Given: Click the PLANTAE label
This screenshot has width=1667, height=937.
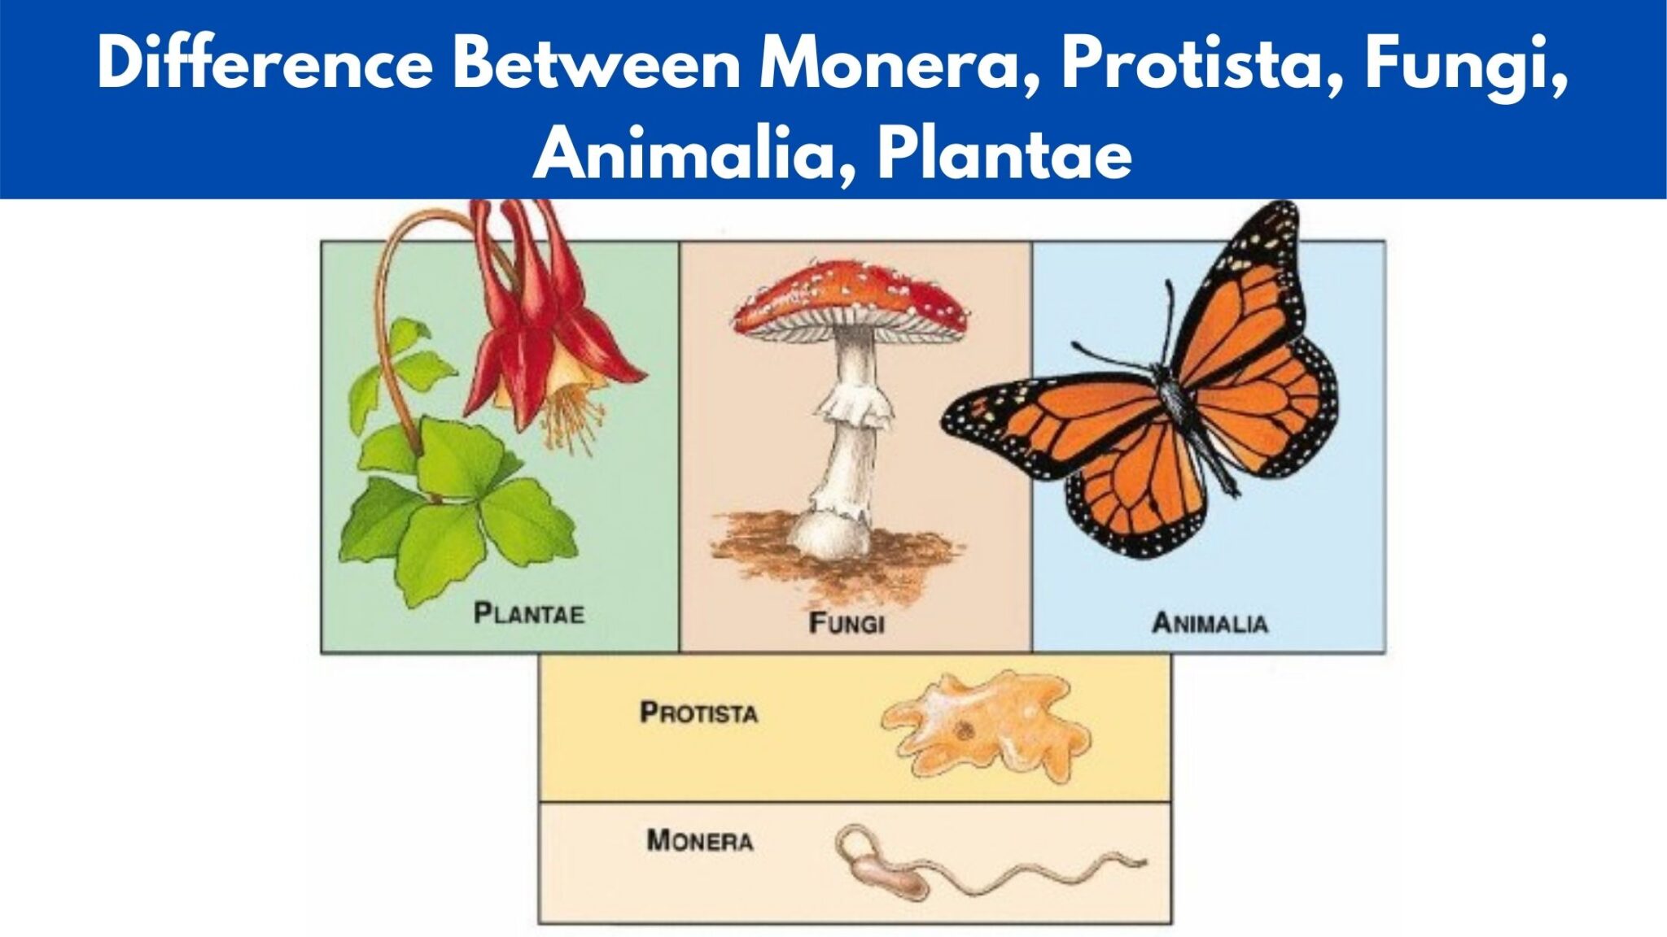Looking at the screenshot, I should pyautogui.click(x=529, y=613).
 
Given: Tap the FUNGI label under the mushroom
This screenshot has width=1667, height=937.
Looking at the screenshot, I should pyautogui.click(x=847, y=623).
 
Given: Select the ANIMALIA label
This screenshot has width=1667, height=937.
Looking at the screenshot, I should pyautogui.click(x=1210, y=623).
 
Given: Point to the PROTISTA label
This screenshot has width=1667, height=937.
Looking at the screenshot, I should pyautogui.click(x=698, y=713).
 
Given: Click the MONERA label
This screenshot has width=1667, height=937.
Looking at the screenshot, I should pyautogui.click(x=699, y=839).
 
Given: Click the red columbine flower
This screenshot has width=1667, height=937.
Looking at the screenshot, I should pyautogui.click(x=537, y=325).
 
